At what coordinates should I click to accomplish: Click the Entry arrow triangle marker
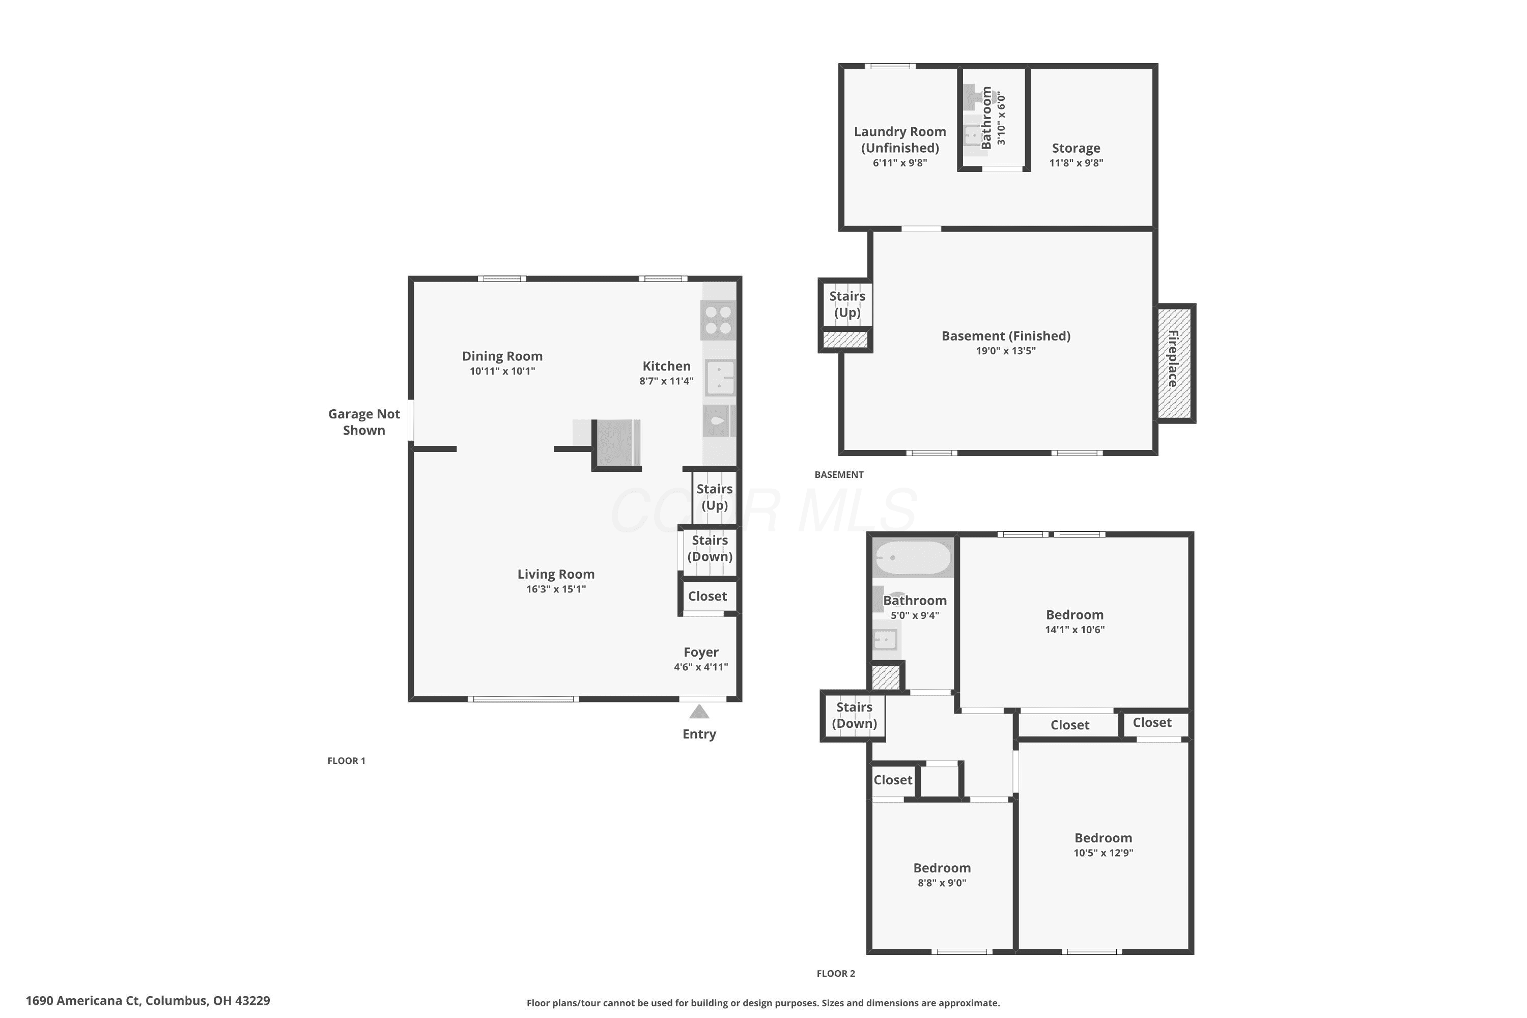699,712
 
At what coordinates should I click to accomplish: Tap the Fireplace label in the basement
1174,358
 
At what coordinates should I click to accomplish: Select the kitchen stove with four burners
719,320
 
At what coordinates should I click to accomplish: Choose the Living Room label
556,574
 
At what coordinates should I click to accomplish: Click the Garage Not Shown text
364,422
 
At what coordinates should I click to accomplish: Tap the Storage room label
1076,148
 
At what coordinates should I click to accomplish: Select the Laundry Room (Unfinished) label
900,139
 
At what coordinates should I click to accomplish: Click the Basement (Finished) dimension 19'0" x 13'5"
1006,351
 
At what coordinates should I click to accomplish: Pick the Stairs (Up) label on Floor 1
714,497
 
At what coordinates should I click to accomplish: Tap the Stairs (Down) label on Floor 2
855,715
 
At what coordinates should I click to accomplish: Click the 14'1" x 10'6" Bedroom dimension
1074,629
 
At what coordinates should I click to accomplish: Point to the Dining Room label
502,356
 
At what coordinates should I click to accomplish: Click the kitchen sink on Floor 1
720,377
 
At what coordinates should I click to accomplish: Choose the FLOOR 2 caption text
836,973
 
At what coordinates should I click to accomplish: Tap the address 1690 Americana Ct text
83,1001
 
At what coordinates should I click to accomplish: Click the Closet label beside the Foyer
708,596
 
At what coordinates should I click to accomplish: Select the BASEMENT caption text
839,474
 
